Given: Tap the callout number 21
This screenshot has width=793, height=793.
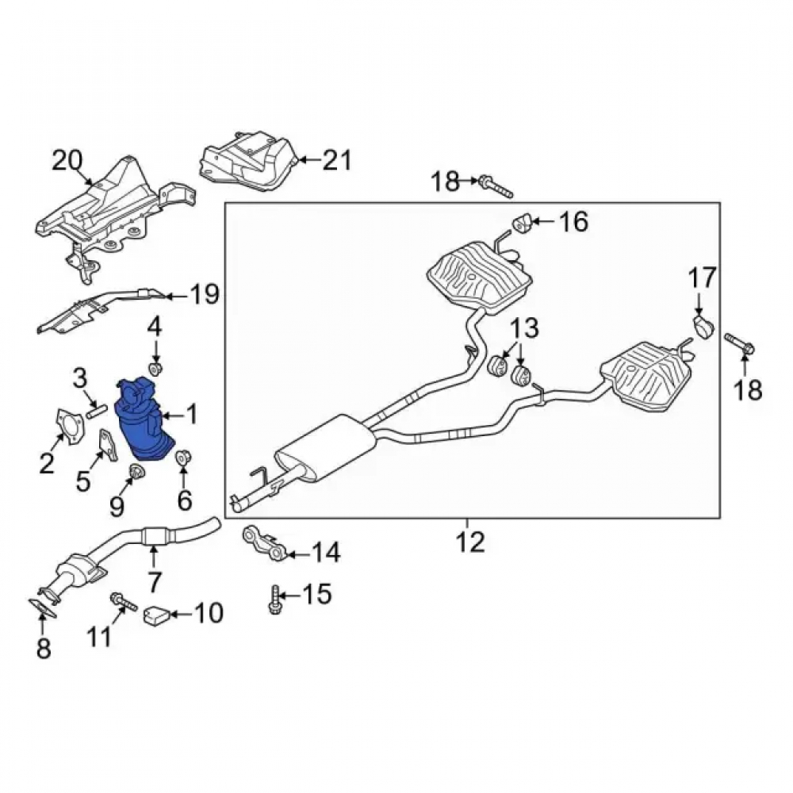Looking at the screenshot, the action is pyautogui.click(x=337, y=160).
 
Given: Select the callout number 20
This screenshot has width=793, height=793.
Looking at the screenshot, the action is pyautogui.click(x=67, y=161).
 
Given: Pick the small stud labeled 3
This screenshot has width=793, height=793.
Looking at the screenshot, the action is pyautogui.click(x=96, y=410).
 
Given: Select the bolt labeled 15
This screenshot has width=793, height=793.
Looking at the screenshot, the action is pyautogui.click(x=275, y=600).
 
